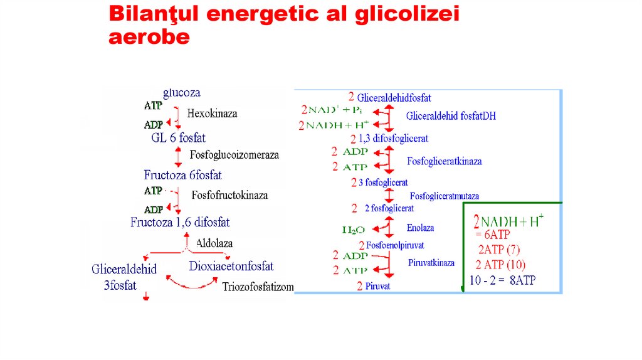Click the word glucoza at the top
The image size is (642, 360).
click(182, 93)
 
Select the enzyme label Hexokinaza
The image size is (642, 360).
click(212, 114)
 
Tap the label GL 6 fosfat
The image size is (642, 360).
click(178, 137)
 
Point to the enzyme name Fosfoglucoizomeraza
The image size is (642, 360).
click(234, 154)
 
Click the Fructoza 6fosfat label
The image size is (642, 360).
click(182, 175)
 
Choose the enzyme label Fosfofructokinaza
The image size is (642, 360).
click(229, 195)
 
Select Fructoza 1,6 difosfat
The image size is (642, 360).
click(180, 222)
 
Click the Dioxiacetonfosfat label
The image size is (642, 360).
click(231, 266)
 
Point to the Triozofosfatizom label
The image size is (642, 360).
click(258, 287)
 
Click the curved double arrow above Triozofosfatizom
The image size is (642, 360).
click(191, 284)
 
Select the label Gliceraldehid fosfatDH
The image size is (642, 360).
click(451, 115)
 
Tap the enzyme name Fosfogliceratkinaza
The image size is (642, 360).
click(445, 161)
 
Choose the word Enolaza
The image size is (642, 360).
click(420, 228)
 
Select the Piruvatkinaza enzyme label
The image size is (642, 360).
click(431, 262)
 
